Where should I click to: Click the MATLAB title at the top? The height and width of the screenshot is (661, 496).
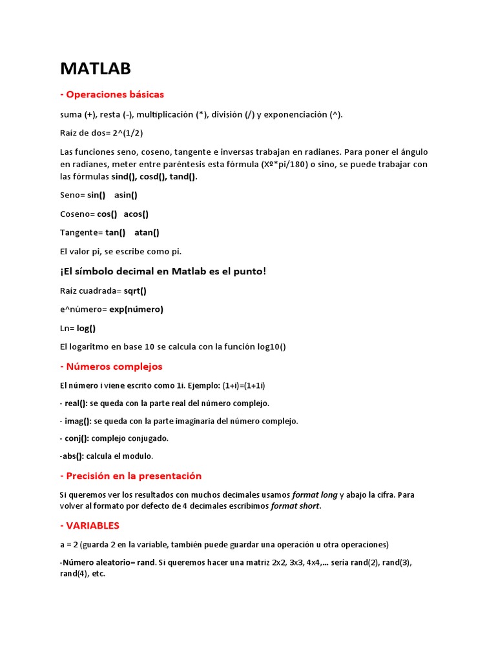[x=96, y=68]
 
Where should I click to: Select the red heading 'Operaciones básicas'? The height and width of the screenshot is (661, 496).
[x=112, y=94]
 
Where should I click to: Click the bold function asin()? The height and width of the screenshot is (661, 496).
[x=126, y=195]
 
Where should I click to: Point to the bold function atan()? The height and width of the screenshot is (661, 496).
[x=147, y=232]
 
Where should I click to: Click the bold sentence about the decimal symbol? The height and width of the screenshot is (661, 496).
[x=163, y=271]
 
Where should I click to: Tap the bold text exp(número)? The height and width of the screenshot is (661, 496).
[x=136, y=309]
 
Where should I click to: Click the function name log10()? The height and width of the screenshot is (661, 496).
[x=271, y=347]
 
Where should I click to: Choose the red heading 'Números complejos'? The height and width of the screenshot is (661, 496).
[x=111, y=367]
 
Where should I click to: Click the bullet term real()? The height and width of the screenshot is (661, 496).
[x=76, y=403]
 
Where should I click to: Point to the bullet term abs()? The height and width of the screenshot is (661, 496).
[x=72, y=456]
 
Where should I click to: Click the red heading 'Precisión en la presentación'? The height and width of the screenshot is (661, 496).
[x=130, y=476]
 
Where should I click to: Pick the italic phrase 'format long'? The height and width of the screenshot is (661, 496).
[x=315, y=495]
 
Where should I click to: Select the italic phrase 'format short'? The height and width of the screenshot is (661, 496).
[x=295, y=506]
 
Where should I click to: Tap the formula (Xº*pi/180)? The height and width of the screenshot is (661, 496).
[x=292, y=165]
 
